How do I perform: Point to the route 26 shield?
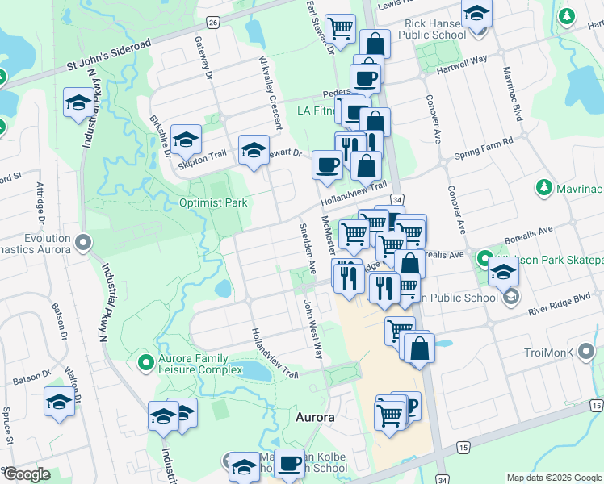point(212,23)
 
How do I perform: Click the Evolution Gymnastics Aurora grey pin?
point(82,241)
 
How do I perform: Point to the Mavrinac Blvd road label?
point(514,98)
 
